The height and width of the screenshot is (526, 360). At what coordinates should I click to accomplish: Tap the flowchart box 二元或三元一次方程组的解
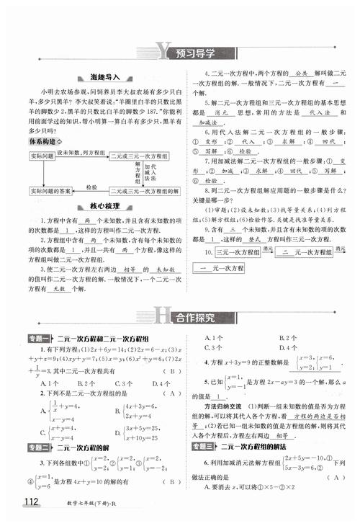(x=144, y=191)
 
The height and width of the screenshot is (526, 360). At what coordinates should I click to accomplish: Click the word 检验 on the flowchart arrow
(x=91, y=187)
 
